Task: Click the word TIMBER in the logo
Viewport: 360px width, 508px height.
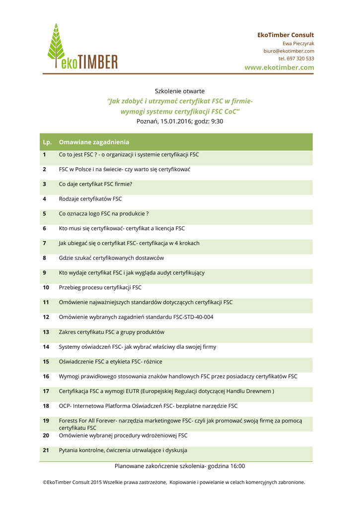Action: click(x=98, y=62)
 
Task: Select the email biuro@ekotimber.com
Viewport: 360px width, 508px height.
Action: click(x=288, y=51)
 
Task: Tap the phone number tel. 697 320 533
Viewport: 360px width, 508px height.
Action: click(x=296, y=59)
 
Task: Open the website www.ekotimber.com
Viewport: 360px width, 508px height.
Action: click(x=279, y=67)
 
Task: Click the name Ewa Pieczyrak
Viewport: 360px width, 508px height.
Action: click(x=298, y=44)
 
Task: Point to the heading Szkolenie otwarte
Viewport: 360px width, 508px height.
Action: click(x=180, y=91)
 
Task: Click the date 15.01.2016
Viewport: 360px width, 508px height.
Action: click(x=175, y=121)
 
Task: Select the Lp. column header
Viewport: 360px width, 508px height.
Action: click(x=47, y=142)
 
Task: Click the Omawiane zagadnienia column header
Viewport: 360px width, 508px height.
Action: click(x=94, y=142)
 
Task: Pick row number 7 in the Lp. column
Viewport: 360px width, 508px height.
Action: click(x=44, y=243)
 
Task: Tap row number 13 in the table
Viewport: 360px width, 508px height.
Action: click(x=46, y=332)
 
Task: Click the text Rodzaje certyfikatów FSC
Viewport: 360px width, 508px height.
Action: click(x=90, y=199)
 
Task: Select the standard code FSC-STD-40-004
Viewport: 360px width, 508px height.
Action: click(x=191, y=317)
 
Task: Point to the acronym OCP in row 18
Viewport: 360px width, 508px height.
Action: click(x=65, y=406)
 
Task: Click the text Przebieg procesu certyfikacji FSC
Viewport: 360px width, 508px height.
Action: click(x=100, y=287)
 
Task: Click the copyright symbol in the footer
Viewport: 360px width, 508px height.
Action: click(x=45, y=482)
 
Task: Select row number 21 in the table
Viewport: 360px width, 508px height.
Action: click(x=46, y=450)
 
